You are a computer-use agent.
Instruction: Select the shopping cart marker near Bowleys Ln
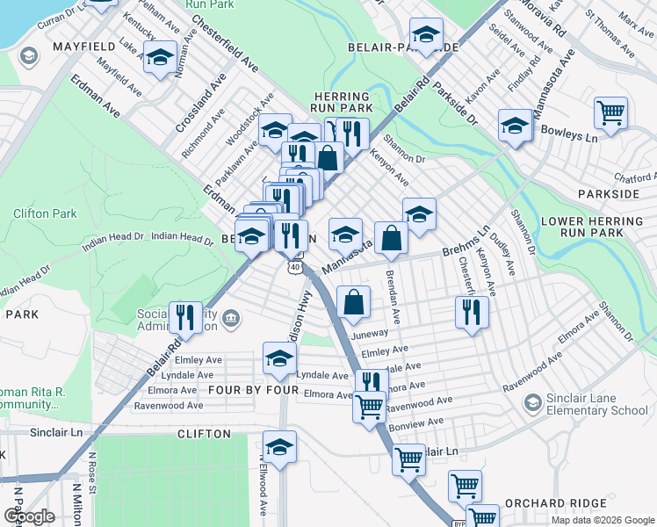(610, 113)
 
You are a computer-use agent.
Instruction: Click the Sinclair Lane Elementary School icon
(532, 402)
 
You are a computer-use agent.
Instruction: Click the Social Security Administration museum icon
(230, 316)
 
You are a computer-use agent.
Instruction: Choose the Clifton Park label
(45, 213)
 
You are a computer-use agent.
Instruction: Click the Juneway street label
(368, 334)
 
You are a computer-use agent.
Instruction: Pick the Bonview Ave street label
(416, 423)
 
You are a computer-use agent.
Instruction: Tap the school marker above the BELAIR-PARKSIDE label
(427, 34)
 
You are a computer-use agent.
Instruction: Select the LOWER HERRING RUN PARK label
(598, 227)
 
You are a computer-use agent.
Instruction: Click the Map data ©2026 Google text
(602, 520)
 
